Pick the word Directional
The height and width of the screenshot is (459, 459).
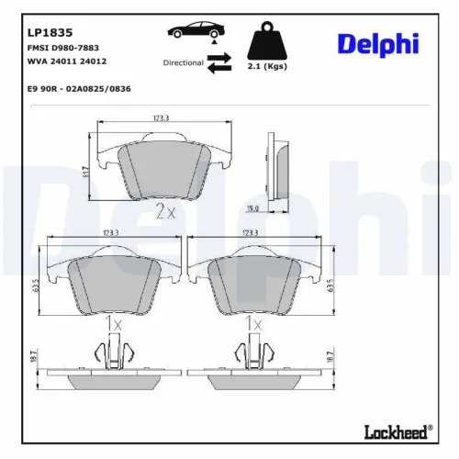pos(183,62)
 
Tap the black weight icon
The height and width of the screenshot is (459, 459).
pos(267,40)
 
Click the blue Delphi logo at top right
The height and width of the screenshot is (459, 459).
pos(377,44)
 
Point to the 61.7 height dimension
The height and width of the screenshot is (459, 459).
pos(85,172)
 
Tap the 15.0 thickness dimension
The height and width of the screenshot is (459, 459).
pos(276,208)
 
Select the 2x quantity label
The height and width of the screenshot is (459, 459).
pos(165,213)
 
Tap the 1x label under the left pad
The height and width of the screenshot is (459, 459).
pos(112,324)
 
